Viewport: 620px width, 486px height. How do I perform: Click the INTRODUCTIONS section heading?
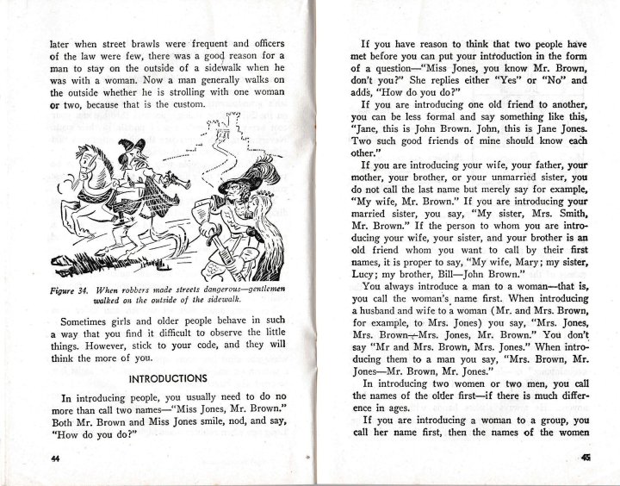pyautogui.click(x=167, y=378)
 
